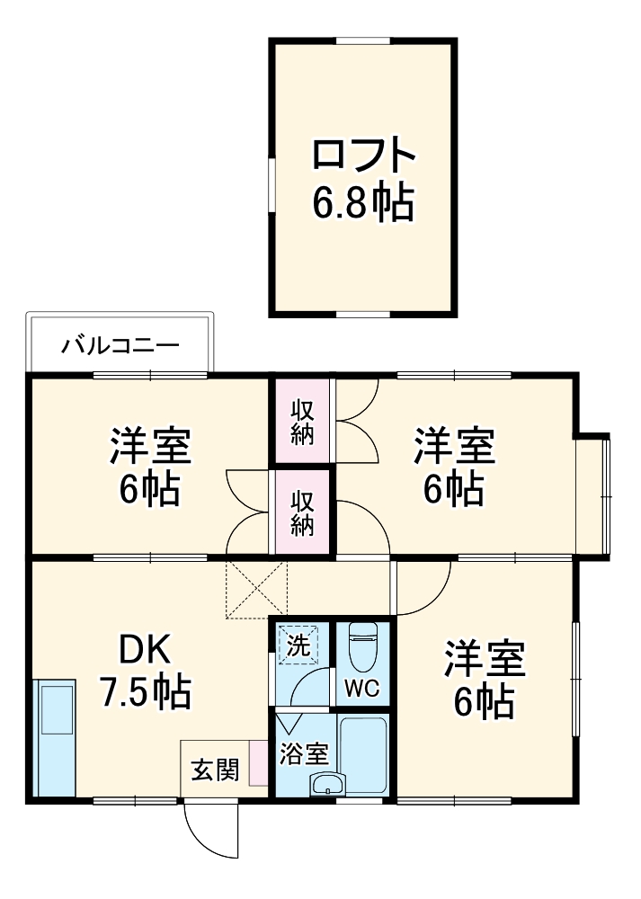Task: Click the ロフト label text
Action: pos(365,156)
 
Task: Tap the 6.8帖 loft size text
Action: pos(363,205)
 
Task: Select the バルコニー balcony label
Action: pos(120,346)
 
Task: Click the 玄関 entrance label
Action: pos(214,770)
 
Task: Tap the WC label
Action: pos(363,690)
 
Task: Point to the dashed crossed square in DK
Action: pos(255,590)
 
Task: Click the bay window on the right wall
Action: pos(594,494)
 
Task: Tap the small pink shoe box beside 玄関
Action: pos(259,763)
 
